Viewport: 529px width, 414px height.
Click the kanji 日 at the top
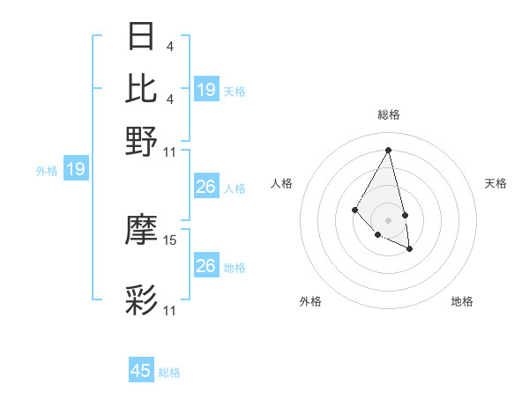pos(142,38)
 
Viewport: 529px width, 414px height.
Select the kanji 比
pos(142,89)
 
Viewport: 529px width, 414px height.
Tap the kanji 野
pos(142,141)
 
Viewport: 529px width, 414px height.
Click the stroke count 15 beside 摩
pos(170,240)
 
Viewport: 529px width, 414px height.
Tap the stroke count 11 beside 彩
pos(170,311)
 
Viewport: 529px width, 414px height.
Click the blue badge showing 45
pos(141,371)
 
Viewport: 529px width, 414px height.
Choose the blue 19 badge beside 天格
pos(206,90)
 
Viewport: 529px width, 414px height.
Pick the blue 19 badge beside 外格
pos(76,169)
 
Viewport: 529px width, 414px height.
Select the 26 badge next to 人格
pos(206,187)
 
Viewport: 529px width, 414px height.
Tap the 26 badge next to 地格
pos(206,266)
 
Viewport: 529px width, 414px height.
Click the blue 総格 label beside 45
pos(169,373)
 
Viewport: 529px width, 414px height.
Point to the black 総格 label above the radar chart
pos(388,115)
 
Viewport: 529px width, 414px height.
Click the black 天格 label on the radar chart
pos(495,183)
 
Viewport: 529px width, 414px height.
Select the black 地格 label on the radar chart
pos(462,301)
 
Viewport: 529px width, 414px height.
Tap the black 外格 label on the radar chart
pos(310,301)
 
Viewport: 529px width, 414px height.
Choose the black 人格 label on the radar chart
pos(282,183)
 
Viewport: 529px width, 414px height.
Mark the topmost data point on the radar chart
pos(388,149)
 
